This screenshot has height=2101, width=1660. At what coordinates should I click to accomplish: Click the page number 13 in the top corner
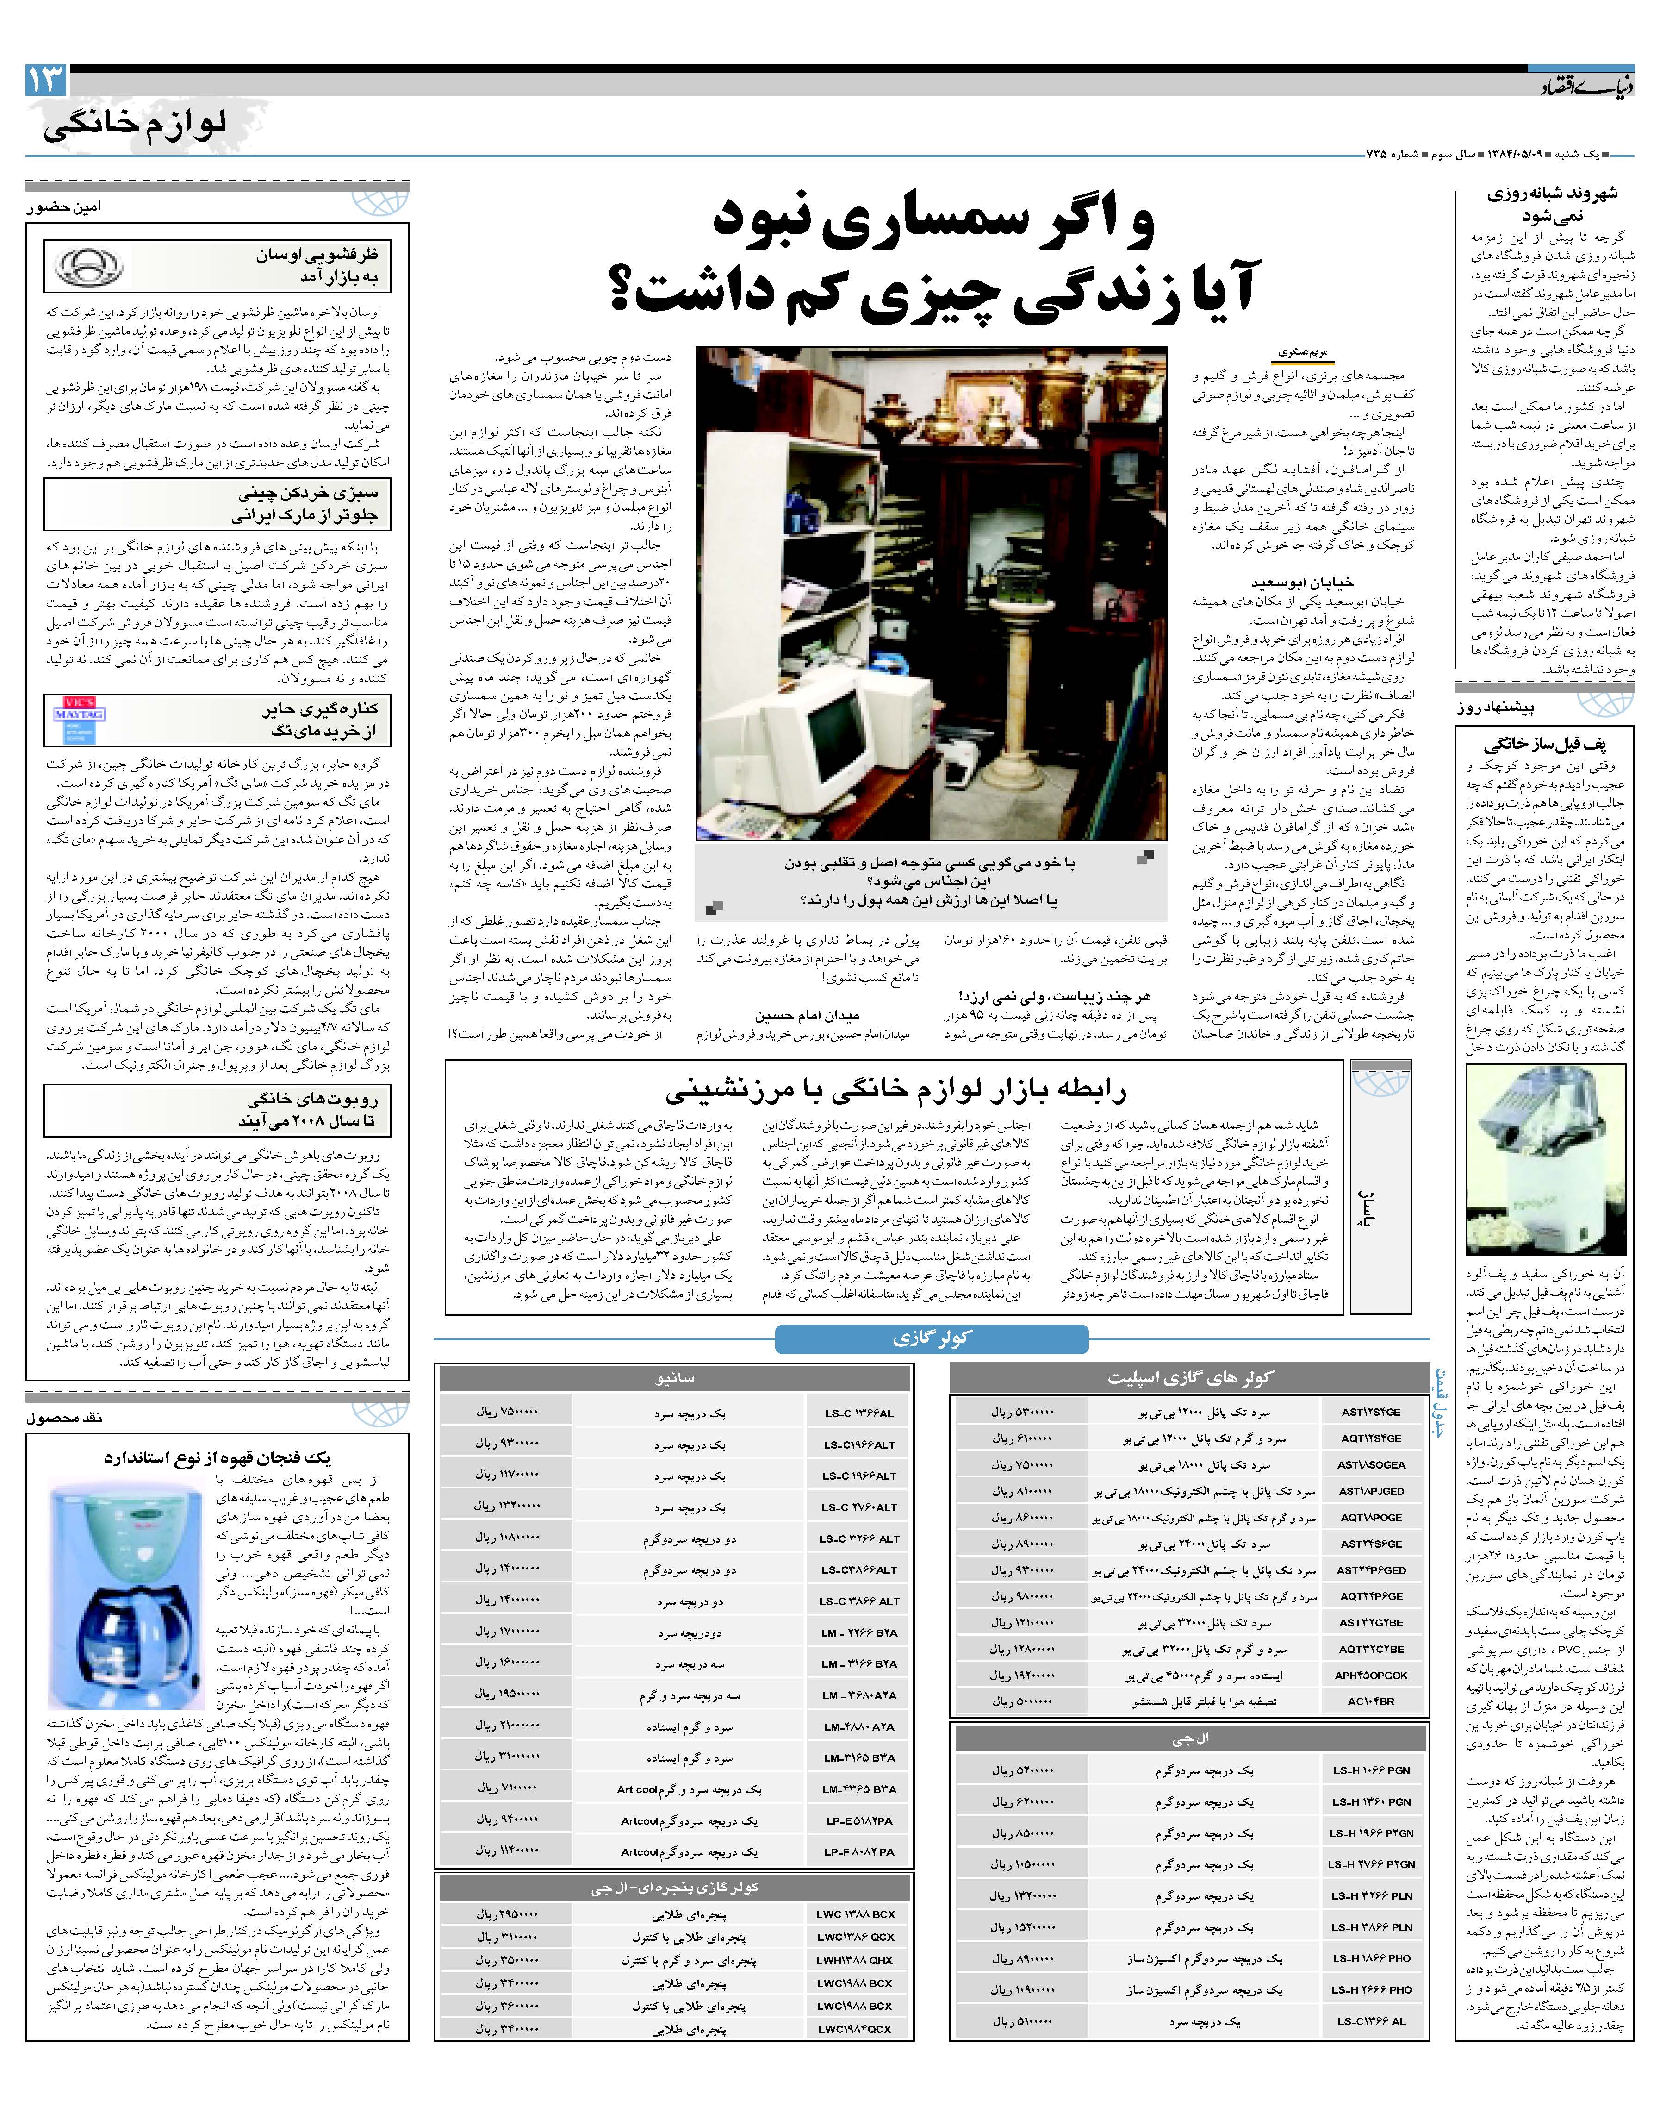point(46,80)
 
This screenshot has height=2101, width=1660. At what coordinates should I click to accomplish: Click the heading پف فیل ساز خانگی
point(1544,746)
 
